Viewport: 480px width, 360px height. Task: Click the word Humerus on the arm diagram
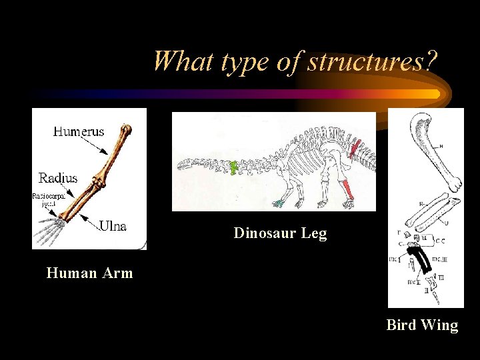point(78,132)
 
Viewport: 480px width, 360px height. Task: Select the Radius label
point(58,178)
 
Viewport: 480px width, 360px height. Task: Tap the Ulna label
point(113,226)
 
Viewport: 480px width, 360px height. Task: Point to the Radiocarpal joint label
point(46,199)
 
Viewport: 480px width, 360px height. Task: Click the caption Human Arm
point(89,273)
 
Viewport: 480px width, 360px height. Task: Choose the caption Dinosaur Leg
point(280,233)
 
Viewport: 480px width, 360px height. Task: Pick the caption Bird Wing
point(422,325)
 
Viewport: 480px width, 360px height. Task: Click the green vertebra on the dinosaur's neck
point(234,169)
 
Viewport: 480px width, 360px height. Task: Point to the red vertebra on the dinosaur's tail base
point(356,146)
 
